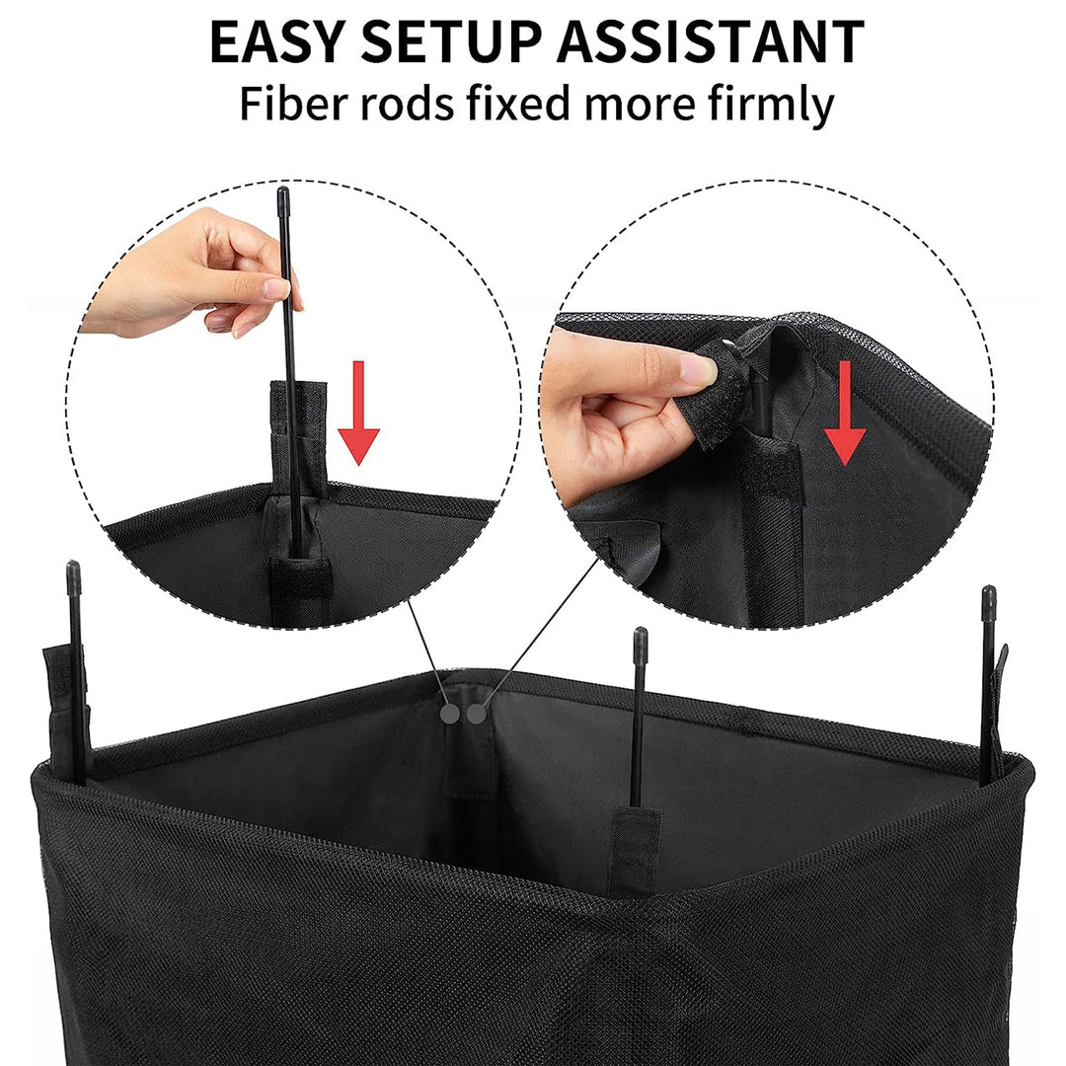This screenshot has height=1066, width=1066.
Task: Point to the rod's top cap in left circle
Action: (x=283, y=197)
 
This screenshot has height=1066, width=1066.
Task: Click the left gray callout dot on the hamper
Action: (x=451, y=713)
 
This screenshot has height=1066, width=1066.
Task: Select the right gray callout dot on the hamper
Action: (x=477, y=713)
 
